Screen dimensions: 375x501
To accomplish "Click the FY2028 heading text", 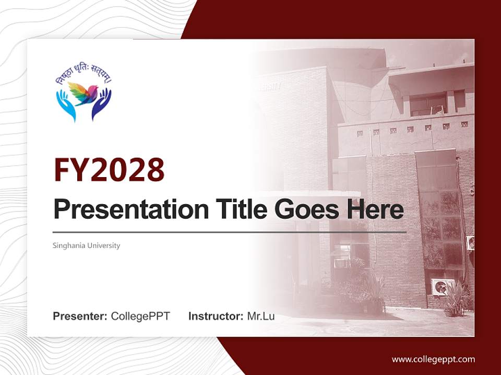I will point(109,170).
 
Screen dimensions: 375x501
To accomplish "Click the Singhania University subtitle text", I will point(87,245).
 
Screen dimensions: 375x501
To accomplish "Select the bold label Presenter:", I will point(80,316).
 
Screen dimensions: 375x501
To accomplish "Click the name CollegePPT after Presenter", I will point(140,316).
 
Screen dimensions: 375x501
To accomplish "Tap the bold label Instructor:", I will point(216,316).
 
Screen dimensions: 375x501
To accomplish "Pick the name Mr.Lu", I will point(261,316).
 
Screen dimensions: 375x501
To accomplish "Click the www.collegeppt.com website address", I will point(433,359).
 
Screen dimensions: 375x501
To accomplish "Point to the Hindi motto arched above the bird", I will point(83,76).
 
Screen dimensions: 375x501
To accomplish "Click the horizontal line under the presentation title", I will point(230,232).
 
